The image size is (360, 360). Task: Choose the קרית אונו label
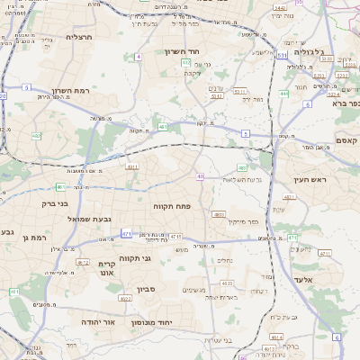(x=107, y=270)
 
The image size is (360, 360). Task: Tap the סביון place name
(x=147, y=289)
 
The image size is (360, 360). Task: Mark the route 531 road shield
(x=283, y=56)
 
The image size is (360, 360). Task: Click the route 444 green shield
(x=283, y=94)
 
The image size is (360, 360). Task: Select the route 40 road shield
(x=201, y=176)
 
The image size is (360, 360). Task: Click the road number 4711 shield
(x=175, y=237)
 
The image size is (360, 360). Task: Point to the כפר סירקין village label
(x=243, y=220)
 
